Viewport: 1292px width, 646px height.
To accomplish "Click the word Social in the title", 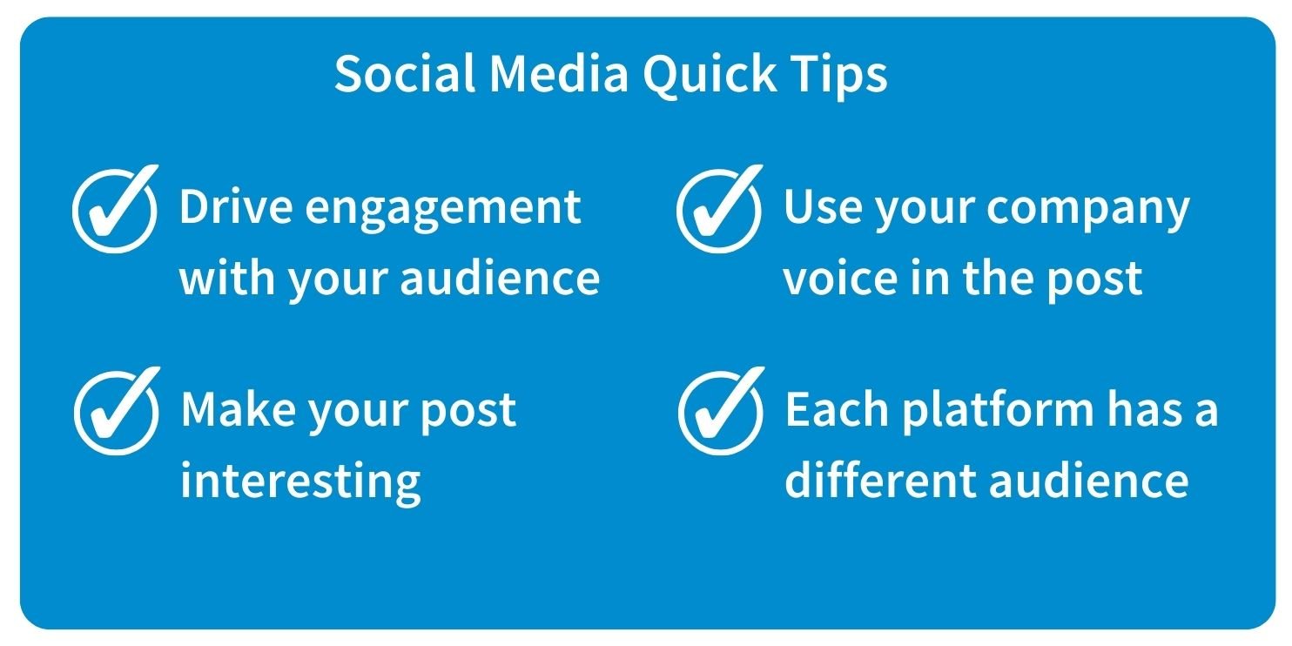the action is point(405,73).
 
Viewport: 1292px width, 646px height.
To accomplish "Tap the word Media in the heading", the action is point(558,73).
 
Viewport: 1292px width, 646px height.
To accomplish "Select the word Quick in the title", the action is point(710,76).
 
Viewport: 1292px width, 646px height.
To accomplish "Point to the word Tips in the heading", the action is point(839,76).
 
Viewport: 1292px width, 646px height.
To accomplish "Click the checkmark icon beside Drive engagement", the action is point(115,209).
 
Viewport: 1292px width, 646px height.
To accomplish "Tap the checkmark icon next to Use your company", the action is point(720,209).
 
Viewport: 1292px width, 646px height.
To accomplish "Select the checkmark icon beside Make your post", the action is point(117,411).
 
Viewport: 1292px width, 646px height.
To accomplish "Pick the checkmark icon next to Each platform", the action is point(722,411).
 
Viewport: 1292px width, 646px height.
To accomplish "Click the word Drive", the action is point(236,206).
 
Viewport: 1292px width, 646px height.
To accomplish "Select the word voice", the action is point(840,278).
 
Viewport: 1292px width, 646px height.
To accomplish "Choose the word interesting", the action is point(300,483).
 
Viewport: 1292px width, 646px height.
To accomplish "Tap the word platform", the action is point(998,412).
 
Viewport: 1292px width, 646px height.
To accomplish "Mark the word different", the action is point(880,480).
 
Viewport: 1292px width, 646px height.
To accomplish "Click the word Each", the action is point(837,408).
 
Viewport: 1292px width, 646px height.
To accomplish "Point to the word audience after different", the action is point(1089,480).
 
